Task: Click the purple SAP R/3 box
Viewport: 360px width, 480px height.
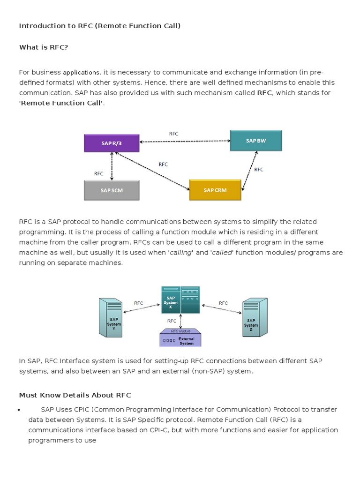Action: (112, 143)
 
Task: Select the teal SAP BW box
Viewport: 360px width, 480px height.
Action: (256, 141)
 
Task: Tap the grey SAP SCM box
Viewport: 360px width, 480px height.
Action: (112, 190)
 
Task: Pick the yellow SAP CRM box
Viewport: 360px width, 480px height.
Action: (215, 190)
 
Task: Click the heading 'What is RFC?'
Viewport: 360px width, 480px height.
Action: (44, 47)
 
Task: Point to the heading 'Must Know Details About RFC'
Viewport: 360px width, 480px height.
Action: (75, 395)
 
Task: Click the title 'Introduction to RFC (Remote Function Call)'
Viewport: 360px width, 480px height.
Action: (100, 26)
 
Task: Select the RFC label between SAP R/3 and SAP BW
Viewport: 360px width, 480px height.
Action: (174, 134)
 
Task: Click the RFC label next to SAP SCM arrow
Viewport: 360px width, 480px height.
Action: (98, 173)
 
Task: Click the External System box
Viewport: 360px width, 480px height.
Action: (180, 340)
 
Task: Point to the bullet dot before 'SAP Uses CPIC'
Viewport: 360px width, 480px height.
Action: (19, 410)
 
